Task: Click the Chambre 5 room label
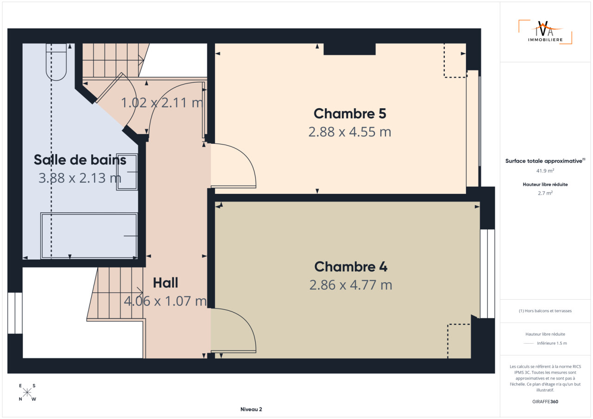350,114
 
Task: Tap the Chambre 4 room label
351,266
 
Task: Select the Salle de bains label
80,160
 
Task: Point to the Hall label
165,283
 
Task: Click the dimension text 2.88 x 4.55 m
350,132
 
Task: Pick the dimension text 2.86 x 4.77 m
351,285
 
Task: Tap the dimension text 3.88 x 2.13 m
80,178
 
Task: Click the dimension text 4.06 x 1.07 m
165,301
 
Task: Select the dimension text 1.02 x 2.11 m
162,103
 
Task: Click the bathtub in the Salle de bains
89,236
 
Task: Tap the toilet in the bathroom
56,62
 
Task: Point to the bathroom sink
127,172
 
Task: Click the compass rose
27,393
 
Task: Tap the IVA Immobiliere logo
545,32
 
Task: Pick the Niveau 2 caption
251,409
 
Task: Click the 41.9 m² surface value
545,171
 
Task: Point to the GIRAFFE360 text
545,401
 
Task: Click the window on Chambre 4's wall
487,274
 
